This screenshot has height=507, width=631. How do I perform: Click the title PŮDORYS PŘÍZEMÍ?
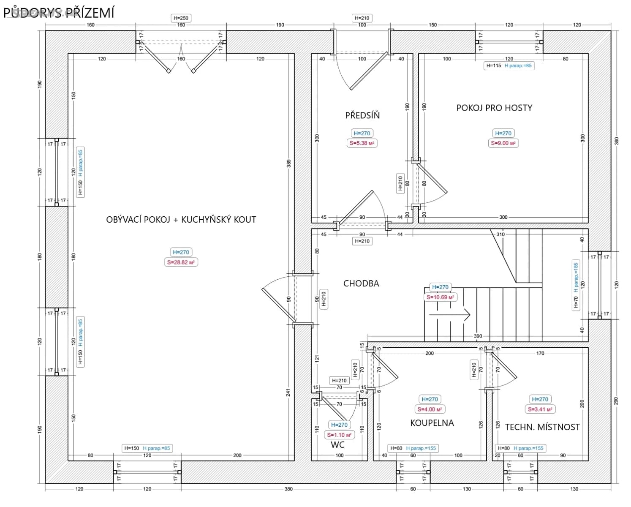pyautogui.click(x=59, y=13)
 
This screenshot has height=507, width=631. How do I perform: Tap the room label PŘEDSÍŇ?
pyautogui.click(x=362, y=115)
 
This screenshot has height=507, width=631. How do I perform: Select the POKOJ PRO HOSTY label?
pyautogui.click(x=494, y=108)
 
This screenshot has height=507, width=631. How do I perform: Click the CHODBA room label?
pyautogui.click(x=361, y=283)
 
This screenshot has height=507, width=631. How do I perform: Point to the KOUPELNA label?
pyautogui.click(x=432, y=423)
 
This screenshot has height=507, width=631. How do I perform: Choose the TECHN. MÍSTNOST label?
pyautogui.click(x=542, y=427)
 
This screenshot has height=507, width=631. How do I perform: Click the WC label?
pyautogui.click(x=337, y=444)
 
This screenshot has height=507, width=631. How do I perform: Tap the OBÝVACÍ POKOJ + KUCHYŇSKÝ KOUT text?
pyautogui.click(x=181, y=220)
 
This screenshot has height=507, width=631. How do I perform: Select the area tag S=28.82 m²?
pyautogui.click(x=181, y=262)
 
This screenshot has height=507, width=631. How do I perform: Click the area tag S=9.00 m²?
pyautogui.click(x=503, y=143)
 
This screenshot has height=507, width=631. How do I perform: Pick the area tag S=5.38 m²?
pyautogui.click(x=362, y=143)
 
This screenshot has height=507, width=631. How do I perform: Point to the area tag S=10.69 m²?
pyautogui.click(x=440, y=297)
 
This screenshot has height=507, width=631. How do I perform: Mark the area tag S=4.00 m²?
pyautogui.click(x=430, y=409)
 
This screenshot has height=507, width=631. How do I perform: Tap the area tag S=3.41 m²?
pyautogui.click(x=540, y=409)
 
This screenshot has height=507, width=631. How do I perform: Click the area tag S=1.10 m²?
pyautogui.click(x=339, y=435)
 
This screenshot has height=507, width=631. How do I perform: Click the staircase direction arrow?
pyautogui.click(x=449, y=315)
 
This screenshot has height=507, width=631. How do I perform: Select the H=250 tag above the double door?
pyautogui.click(x=181, y=18)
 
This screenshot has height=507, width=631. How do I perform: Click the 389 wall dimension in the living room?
pyautogui.click(x=289, y=163)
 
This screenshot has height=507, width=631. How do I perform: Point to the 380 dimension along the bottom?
pyautogui.click(x=288, y=489)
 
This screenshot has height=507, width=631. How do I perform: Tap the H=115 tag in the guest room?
pyautogui.click(x=493, y=65)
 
